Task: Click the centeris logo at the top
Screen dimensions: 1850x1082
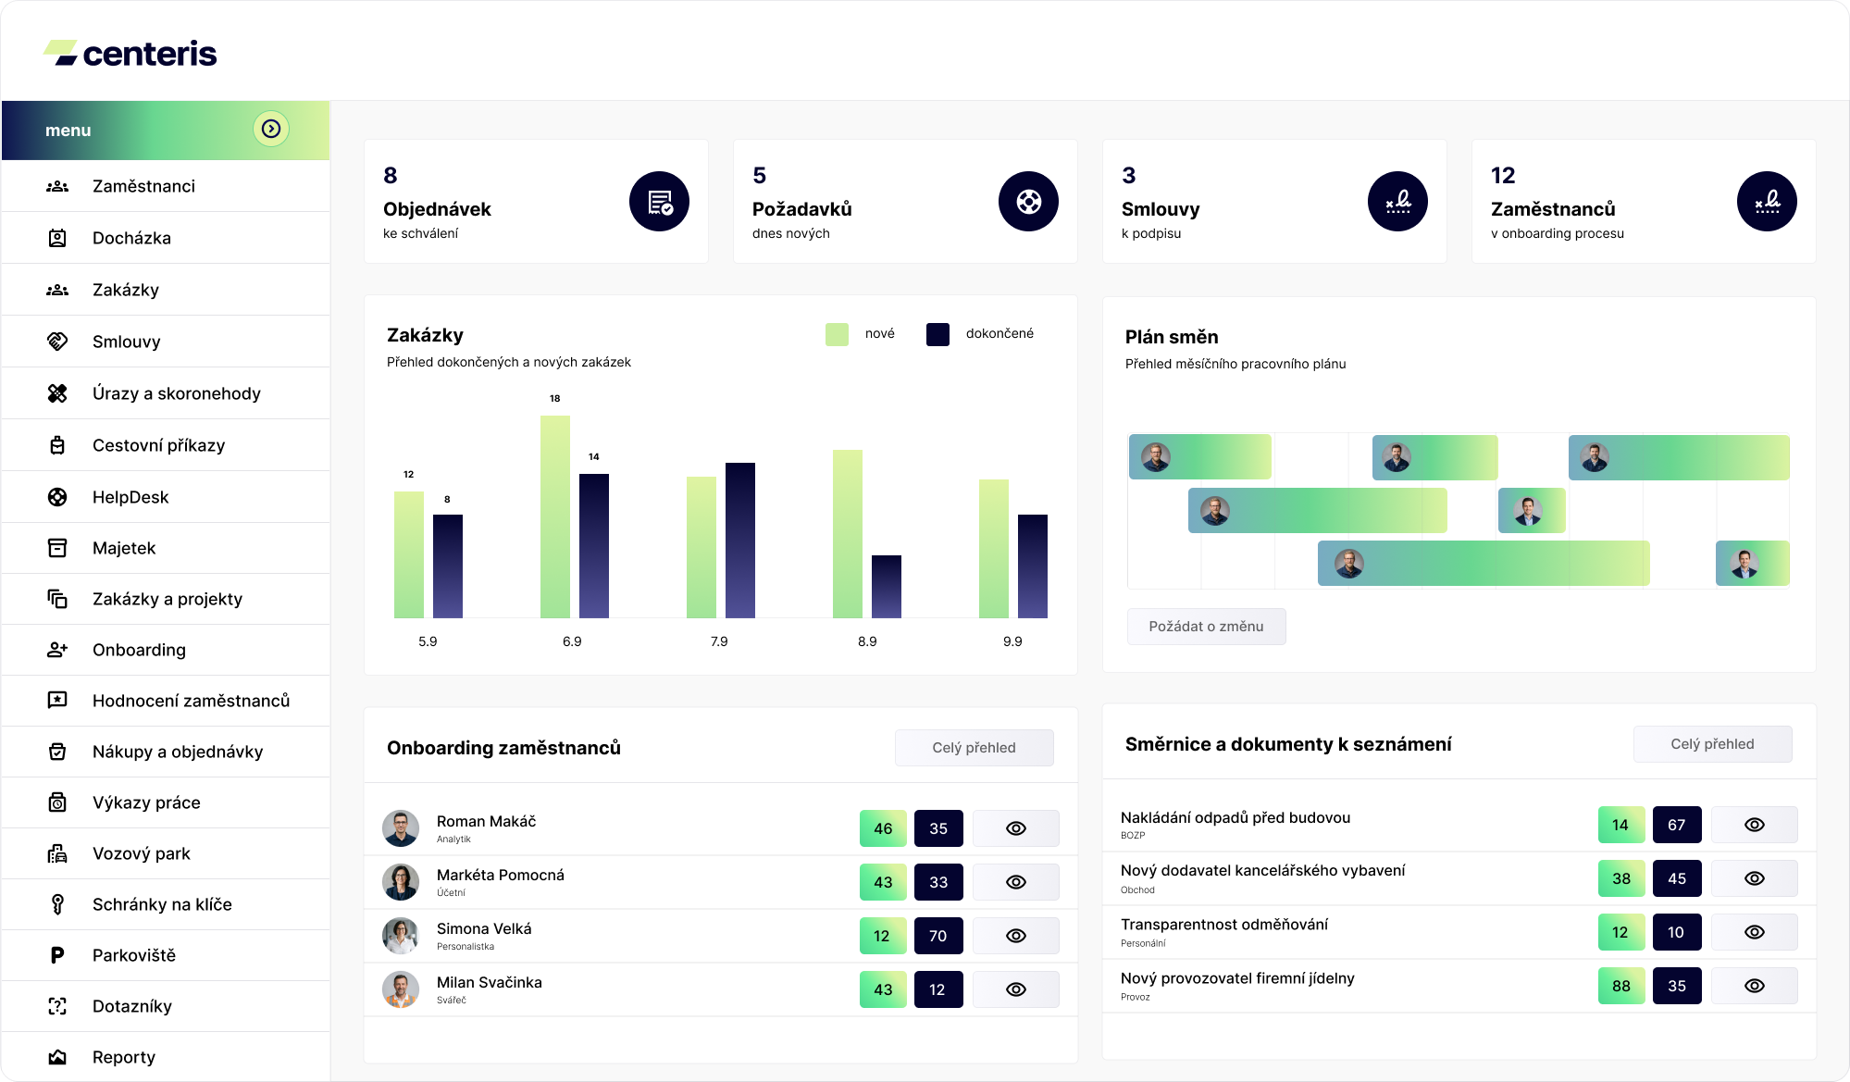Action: (130, 53)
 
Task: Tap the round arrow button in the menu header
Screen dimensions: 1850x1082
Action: (271, 129)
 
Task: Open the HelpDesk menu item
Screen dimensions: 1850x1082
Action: (130, 497)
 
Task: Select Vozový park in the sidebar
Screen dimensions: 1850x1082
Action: (142, 853)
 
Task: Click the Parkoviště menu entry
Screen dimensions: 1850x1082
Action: (134, 955)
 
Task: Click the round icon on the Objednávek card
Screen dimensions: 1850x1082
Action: (660, 201)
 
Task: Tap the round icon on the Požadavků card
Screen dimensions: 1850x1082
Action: (1028, 201)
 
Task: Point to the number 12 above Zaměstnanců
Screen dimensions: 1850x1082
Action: (1503, 175)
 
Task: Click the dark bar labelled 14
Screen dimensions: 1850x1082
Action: (594, 545)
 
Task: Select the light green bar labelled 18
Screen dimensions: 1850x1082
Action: (555, 516)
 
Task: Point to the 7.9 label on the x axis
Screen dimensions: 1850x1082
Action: (719, 641)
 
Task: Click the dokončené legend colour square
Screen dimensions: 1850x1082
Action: (937, 334)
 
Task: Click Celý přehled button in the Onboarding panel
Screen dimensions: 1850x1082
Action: (974, 748)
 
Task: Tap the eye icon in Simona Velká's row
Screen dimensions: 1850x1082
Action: (1016, 936)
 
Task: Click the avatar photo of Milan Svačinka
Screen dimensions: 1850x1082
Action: (401, 989)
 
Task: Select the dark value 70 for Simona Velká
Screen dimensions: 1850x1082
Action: (938, 936)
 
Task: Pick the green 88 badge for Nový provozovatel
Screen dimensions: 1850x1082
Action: (1621, 986)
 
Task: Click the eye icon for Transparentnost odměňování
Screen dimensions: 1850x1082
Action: (1755, 932)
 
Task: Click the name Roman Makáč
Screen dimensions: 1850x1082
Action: (486, 821)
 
